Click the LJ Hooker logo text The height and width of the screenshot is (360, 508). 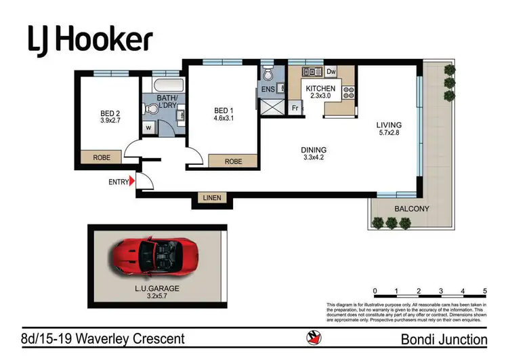pos(89,39)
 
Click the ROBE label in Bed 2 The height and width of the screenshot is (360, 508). pos(102,157)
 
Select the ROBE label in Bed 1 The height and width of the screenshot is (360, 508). pos(233,162)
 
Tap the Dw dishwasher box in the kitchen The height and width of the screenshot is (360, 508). pos(332,71)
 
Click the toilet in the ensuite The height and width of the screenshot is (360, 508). pos(268,73)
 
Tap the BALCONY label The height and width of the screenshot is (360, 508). pos(412,209)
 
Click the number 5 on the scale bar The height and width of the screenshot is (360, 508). pos(485,291)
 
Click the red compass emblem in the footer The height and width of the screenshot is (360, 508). pos(314,337)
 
